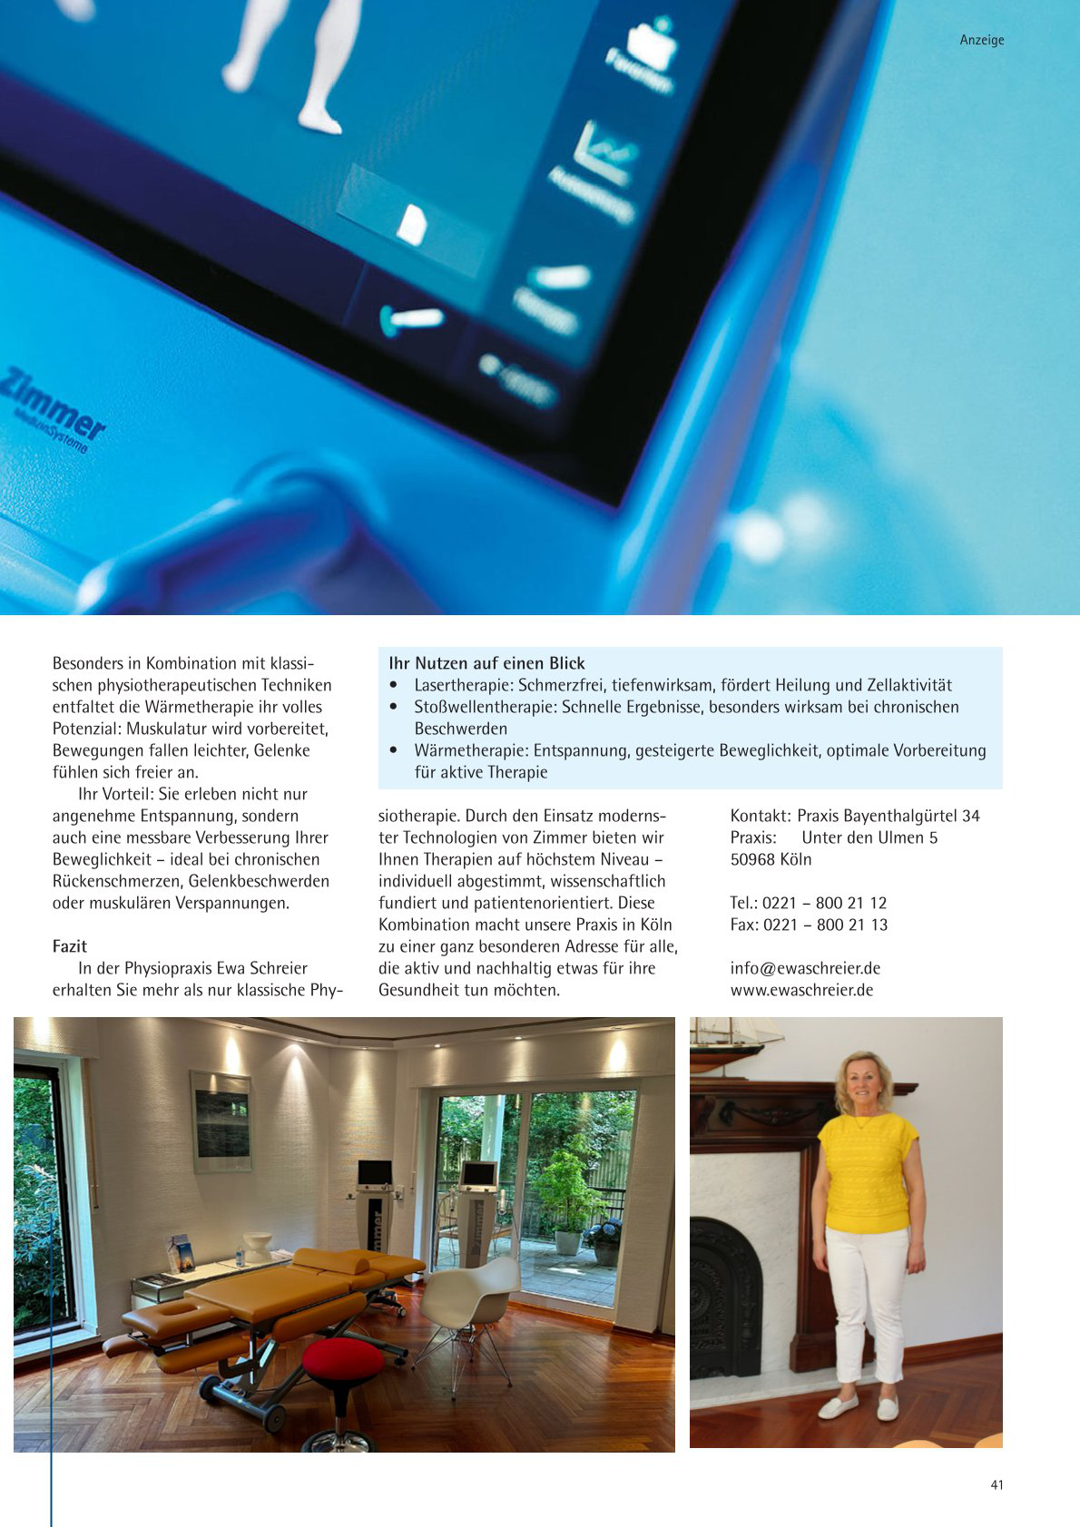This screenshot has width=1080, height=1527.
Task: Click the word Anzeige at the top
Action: [981, 40]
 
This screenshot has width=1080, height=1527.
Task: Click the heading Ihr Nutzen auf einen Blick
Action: [486, 663]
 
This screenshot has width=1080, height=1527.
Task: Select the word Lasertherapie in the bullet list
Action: [464, 685]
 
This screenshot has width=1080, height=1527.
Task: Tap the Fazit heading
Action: [70, 946]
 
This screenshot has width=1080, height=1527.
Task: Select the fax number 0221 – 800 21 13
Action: [825, 925]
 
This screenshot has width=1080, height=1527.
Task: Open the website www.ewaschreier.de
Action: [801, 990]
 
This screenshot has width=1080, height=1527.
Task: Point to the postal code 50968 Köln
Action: [771, 859]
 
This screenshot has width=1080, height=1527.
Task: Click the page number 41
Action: [997, 1485]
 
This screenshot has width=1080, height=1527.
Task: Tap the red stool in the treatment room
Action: [342, 1362]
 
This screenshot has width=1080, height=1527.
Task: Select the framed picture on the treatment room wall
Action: [221, 1122]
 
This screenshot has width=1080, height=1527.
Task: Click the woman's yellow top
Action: [867, 1170]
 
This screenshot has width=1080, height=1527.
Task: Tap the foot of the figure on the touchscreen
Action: [320, 118]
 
